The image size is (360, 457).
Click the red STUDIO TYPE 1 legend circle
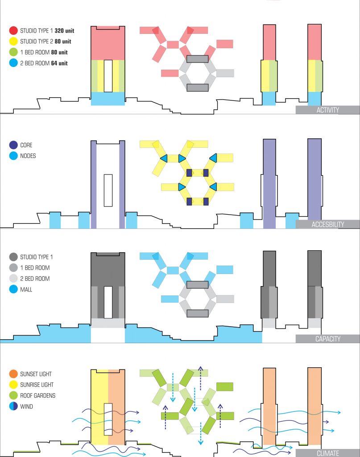13,31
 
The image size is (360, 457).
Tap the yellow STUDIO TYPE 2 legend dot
13,42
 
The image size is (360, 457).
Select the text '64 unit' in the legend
60,63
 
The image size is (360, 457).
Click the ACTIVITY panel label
327,110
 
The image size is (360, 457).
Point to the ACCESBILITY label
327,224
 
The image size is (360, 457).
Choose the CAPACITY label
327,339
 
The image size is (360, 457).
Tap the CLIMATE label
327,453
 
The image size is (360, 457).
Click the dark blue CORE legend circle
13,145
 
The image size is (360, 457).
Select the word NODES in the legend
28,156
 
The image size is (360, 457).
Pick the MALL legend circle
13,290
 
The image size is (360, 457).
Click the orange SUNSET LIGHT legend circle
13,374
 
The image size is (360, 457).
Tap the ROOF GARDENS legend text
38,395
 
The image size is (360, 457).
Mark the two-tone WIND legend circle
13,407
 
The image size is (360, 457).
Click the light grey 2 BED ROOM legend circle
13,278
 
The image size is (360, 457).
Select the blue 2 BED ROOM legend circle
13,63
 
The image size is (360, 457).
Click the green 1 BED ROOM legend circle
13,53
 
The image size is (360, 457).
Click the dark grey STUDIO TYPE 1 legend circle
13,257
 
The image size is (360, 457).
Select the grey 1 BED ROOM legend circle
13,268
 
